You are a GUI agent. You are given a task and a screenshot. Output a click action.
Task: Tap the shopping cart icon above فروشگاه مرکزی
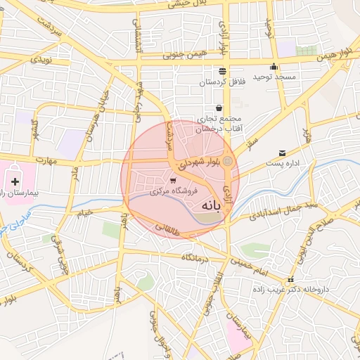173,180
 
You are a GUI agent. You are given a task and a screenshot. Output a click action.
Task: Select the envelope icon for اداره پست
283,153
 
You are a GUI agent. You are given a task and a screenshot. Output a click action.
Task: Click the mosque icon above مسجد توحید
274,67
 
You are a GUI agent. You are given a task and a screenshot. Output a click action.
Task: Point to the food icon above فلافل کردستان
223,71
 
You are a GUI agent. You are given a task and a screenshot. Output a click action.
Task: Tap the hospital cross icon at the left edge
15,181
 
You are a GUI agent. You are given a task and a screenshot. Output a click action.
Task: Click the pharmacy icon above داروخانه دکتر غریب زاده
290,280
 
